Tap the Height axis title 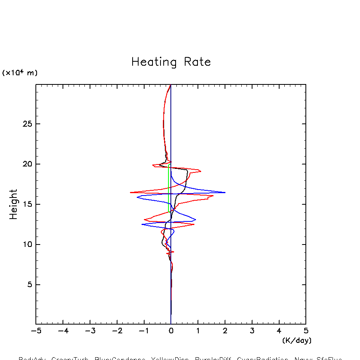(x=14, y=204)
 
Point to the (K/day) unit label (x=296, y=340)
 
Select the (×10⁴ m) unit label (x=20, y=73)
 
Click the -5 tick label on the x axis (x=36, y=331)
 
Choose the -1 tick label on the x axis (x=144, y=331)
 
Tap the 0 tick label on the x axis (x=171, y=331)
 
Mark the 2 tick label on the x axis (x=225, y=331)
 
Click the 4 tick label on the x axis (x=279, y=331)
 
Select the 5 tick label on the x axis (x=306, y=331)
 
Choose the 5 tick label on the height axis (x=29, y=285)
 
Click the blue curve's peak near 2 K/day (x=225, y=192)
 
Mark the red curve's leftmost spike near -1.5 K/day (x=131, y=192)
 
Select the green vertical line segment (x=168, y=187)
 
